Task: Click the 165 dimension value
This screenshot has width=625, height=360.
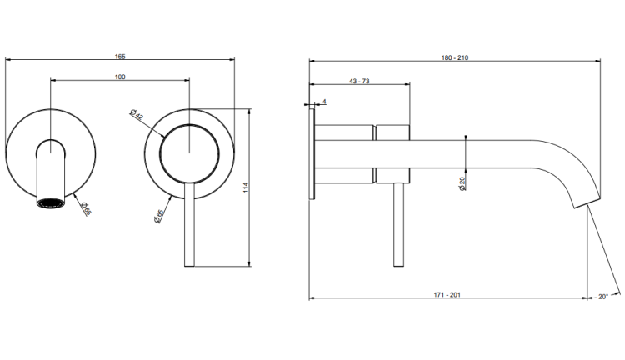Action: tap(120, 57)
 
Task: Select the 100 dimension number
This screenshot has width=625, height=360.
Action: tap(120, 77)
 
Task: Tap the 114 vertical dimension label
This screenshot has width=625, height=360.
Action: tap(246, 187)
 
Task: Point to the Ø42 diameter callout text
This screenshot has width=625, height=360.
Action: tap(137, 114)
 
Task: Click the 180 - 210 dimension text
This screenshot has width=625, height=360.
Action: tap(455, 57)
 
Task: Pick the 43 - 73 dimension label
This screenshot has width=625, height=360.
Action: tap(359, 82)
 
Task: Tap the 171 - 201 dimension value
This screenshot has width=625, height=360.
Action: tap(447, 295)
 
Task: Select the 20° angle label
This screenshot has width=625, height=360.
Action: tap(602, 297)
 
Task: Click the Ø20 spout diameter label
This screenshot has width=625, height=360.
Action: tap(462, 183)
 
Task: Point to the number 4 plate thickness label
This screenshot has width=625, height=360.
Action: tap(324, 102)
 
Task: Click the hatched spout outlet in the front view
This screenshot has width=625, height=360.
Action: tap(51, 202)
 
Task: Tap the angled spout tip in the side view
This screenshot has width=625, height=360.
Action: tap(587, 202)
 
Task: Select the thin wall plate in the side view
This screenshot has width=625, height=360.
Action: tap(312, 153)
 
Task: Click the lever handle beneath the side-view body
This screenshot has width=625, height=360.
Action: tap(398, 225)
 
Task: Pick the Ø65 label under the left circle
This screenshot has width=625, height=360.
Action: tap(86, 208)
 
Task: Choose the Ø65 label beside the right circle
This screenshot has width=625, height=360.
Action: tap(158, 216)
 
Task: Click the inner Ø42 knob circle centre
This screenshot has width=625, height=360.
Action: tap(189, 153)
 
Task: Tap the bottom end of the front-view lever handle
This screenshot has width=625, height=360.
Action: tap(189, 266)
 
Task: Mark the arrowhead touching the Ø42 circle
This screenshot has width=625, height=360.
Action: tap(162, 135)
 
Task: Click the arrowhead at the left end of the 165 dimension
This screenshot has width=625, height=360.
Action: tap(8, 60)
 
